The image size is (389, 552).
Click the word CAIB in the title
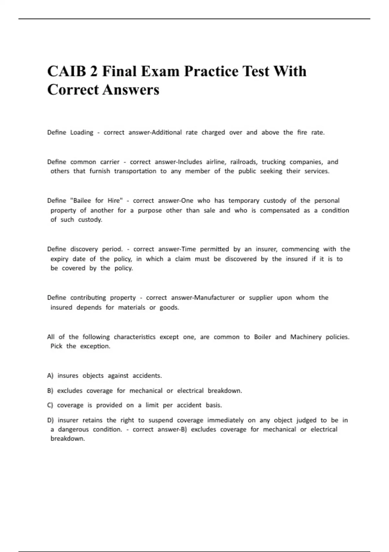[66, 71]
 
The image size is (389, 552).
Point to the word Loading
[82, 132]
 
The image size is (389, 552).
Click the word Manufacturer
[214, 298]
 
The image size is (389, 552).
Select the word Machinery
[306, 337]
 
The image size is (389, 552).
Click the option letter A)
[50, 376]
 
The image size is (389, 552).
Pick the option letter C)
[50, 405]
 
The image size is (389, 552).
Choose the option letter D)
[50, 420]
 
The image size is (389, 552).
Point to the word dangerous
[73, 429]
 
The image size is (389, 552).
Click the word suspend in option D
[161, 420]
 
